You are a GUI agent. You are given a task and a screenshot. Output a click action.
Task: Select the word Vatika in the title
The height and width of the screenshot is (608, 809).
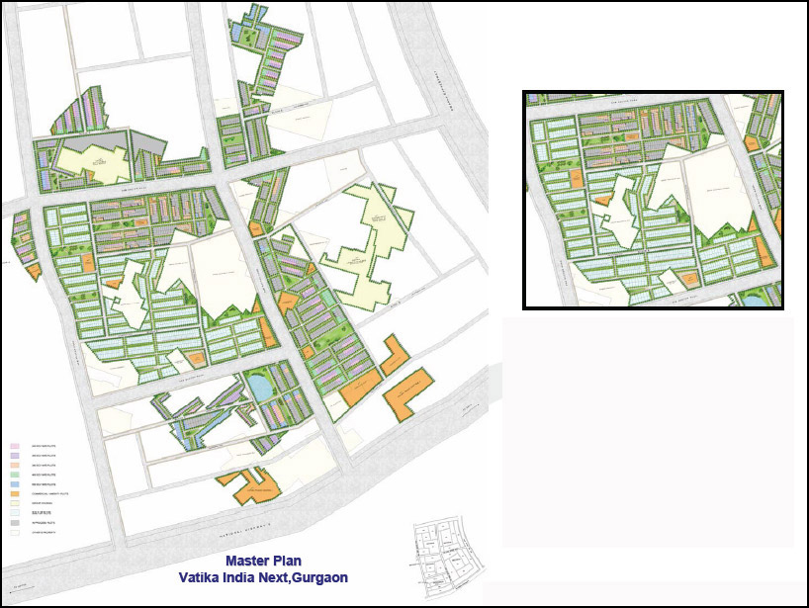200,576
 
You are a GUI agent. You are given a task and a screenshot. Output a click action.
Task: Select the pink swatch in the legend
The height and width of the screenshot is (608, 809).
16,446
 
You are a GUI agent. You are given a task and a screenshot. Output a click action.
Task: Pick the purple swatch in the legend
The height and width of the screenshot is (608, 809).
16,455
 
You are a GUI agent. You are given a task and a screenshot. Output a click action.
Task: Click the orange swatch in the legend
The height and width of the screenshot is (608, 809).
16,493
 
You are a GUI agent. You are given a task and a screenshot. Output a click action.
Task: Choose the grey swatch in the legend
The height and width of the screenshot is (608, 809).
16,523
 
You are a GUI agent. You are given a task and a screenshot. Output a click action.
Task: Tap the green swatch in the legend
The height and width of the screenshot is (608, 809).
16,475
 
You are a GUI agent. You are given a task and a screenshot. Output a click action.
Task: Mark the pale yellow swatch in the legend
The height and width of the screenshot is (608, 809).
16,503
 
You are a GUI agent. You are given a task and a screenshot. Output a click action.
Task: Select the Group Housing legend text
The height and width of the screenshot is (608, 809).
41,503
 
